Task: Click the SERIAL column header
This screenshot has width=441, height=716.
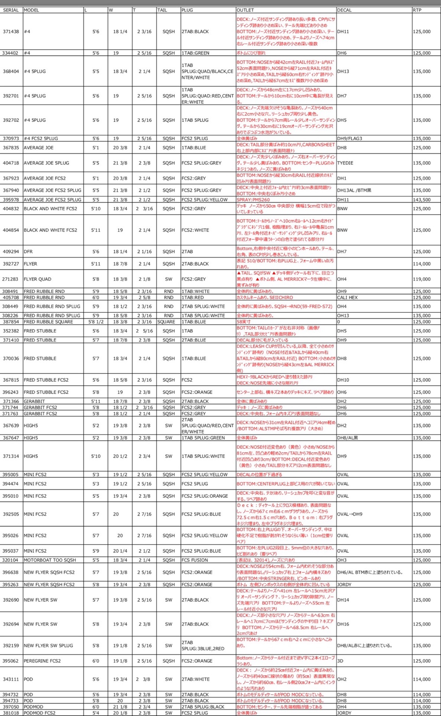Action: click(11, 10)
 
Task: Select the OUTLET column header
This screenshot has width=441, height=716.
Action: click(245, 10)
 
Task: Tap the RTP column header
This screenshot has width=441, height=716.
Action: click(417, 10)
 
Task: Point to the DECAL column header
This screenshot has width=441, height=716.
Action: click(344, 10)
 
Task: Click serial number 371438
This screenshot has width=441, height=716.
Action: click(11, 32)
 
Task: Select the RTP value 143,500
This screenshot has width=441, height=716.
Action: click(422, 200)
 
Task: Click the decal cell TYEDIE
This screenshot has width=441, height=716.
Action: click(345, 163)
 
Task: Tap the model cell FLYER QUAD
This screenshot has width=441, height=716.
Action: click(37, 279)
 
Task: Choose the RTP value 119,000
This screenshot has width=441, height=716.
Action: click(422, 279)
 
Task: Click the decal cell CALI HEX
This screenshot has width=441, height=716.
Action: click(348, 297)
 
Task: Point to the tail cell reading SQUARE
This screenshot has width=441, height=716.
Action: click(166, 322)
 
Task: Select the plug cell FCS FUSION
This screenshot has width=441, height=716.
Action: click(194, 560)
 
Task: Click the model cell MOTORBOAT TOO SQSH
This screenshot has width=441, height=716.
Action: click(50, 560)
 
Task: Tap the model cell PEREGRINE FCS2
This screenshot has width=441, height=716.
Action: click(42, 661)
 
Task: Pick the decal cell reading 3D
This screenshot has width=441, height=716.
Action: click(340, 661)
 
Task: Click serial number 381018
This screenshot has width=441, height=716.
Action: click(11, 713)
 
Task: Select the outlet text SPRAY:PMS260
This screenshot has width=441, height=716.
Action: click(253, 200)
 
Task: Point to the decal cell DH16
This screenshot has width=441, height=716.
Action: click(343, 624)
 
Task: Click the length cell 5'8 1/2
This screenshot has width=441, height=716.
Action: click(96, 322)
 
